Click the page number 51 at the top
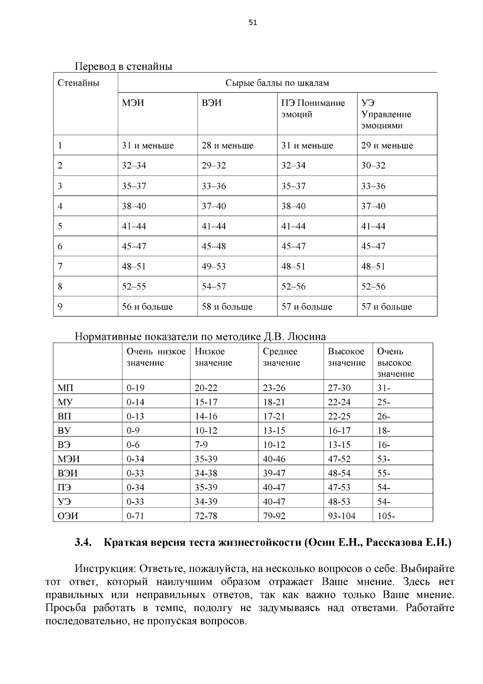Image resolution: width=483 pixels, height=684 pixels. [x=253, y=23]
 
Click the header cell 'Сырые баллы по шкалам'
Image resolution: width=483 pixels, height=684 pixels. [x=277, y=83]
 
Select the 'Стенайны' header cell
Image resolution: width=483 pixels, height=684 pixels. [x=78, y=83]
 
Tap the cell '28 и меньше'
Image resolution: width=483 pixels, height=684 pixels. [x=227, y=146]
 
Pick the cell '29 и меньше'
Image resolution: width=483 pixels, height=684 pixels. [x=387, y=146]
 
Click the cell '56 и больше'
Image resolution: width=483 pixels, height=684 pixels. [x=147, y=307]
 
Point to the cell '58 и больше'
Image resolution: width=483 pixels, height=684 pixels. [x=227, y=307]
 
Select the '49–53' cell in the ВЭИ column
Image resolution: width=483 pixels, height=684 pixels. [x=214, y=266]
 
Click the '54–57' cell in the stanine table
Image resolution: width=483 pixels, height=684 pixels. [x=214, y=287]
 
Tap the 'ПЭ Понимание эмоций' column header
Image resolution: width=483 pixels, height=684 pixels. [x=313, y=109]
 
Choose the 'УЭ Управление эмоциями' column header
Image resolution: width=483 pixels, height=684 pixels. [x=386, y=114]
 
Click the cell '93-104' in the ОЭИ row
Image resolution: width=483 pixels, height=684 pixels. [x=342, y=516]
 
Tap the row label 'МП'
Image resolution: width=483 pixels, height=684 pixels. [x=66, y=388]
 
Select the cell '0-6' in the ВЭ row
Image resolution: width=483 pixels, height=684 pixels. [x=133, y=445]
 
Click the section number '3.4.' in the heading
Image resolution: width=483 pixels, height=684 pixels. [x=83, y=543]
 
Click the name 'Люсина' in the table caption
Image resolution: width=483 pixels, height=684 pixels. [x=308, y=337]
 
